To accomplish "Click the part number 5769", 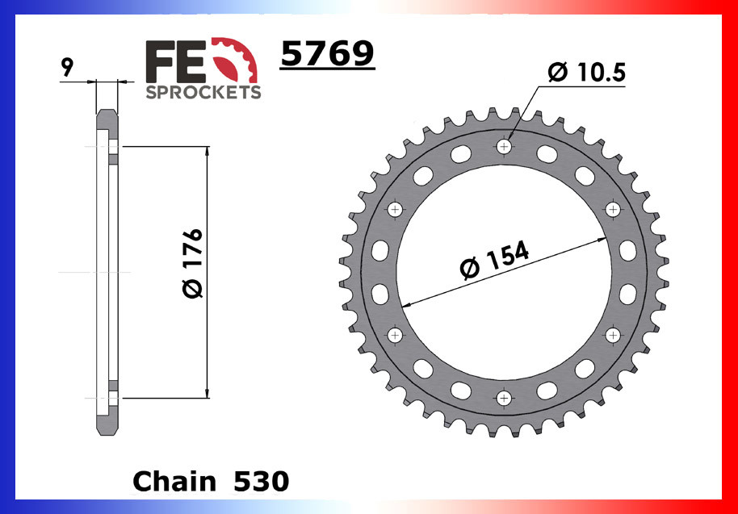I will tap(327, 55).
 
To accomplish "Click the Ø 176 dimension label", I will tap(193, 263).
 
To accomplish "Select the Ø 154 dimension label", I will tap(494, 259).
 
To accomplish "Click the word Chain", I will tap(174, 481).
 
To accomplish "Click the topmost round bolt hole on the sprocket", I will tap(505, 146).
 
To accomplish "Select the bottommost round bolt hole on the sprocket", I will tap(505, 398).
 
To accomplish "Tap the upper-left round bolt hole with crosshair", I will tap(395, 210).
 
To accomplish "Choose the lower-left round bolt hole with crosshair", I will tap(395, 334).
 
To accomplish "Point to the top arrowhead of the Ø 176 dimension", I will tap(208, 153).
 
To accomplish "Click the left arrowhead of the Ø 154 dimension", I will tap(406, 305).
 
